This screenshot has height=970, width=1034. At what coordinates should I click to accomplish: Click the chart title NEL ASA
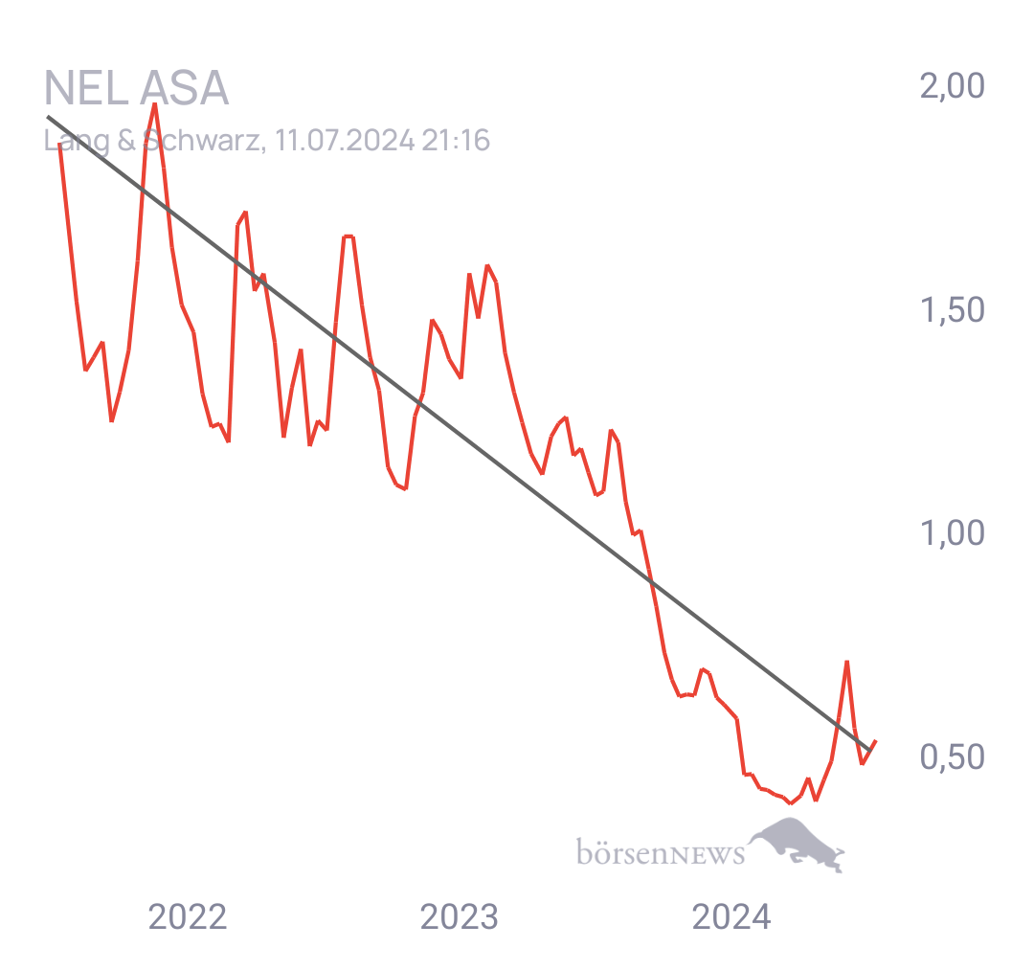(137, 88)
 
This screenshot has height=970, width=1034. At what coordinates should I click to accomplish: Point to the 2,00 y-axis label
(953, 86)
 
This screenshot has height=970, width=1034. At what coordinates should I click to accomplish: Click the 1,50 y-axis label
(953, 310)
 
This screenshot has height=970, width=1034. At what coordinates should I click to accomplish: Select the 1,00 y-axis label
(953, 533)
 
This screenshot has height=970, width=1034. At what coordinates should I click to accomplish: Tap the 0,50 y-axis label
(953, 757)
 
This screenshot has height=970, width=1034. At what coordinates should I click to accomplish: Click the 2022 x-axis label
(188, 917)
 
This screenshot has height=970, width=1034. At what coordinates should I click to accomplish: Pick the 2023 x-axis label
(459, 917)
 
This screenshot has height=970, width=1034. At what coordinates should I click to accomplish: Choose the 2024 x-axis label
(731, 917)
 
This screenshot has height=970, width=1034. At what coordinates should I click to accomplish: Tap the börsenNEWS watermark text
(661, 852)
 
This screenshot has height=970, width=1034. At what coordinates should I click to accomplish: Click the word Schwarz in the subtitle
(202, 141)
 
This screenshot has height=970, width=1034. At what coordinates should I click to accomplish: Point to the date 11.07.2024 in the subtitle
(345, 141)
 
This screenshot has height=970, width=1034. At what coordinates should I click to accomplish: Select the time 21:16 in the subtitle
(457, 141)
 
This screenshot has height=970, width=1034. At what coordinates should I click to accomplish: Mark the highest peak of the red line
(154, 104)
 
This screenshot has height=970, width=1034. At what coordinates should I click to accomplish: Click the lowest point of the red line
(790, 803)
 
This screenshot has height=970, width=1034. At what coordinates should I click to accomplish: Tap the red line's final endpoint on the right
(876, 741)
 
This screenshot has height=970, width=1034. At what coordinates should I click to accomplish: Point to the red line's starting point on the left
(60, 144)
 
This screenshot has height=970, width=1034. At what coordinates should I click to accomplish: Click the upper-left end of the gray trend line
(48, 117)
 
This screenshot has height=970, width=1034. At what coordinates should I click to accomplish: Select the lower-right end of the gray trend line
(869, 751)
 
